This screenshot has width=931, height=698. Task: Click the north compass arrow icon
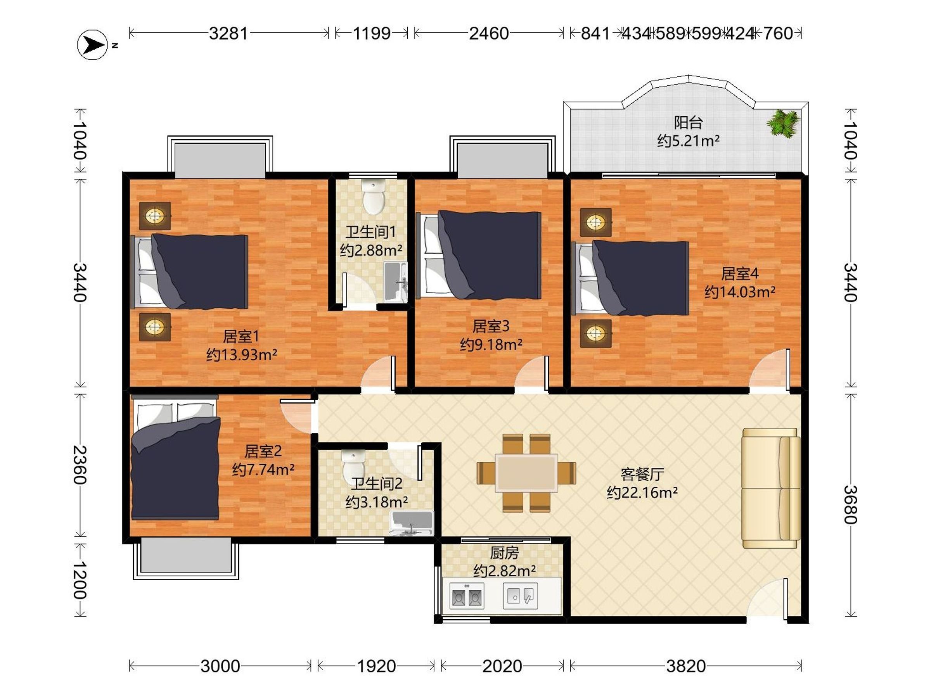point(93,45)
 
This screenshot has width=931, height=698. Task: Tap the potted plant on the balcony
point(782,123)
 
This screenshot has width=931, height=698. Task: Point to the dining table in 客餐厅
point(526,473)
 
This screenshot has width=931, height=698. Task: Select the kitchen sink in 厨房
point(520,596)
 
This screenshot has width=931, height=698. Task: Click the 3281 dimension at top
point(228,33)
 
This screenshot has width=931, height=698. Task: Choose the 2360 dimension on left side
point(80,465)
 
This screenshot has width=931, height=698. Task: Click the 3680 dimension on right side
point(850,504)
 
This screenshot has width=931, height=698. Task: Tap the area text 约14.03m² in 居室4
point(739,292)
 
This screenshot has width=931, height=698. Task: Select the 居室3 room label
point(491,326)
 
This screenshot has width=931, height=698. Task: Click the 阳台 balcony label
point(688,123)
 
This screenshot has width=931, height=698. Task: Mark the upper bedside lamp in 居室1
point(155,216)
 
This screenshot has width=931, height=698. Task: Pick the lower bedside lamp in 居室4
point(595,333)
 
